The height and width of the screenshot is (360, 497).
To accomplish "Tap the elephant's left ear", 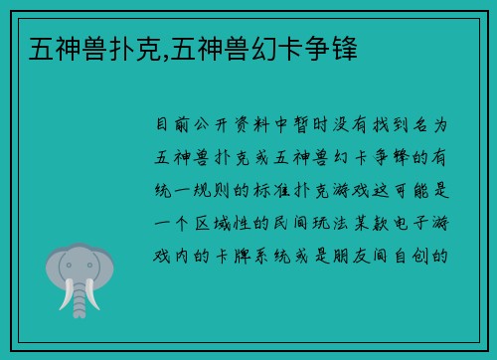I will (x=54, y=267).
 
